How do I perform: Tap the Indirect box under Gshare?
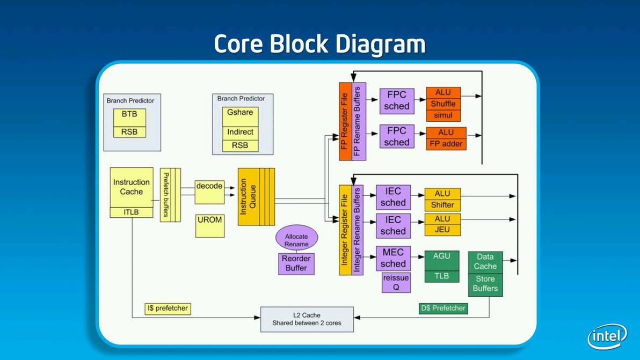point(240,133)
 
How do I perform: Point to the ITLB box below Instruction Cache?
point(131,212)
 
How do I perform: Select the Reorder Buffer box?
point(296,263)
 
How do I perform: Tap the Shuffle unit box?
point(443,104)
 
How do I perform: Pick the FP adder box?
point(445,144)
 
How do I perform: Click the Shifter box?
point(442,205)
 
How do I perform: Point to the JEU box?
point(442,230)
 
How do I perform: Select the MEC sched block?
point(393,258)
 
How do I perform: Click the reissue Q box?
point(396,282)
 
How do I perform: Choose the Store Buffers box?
point(485,284)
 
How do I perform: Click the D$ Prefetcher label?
point(443,308)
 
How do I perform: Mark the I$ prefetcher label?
point(168,308)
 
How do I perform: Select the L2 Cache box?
point(307,319)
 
